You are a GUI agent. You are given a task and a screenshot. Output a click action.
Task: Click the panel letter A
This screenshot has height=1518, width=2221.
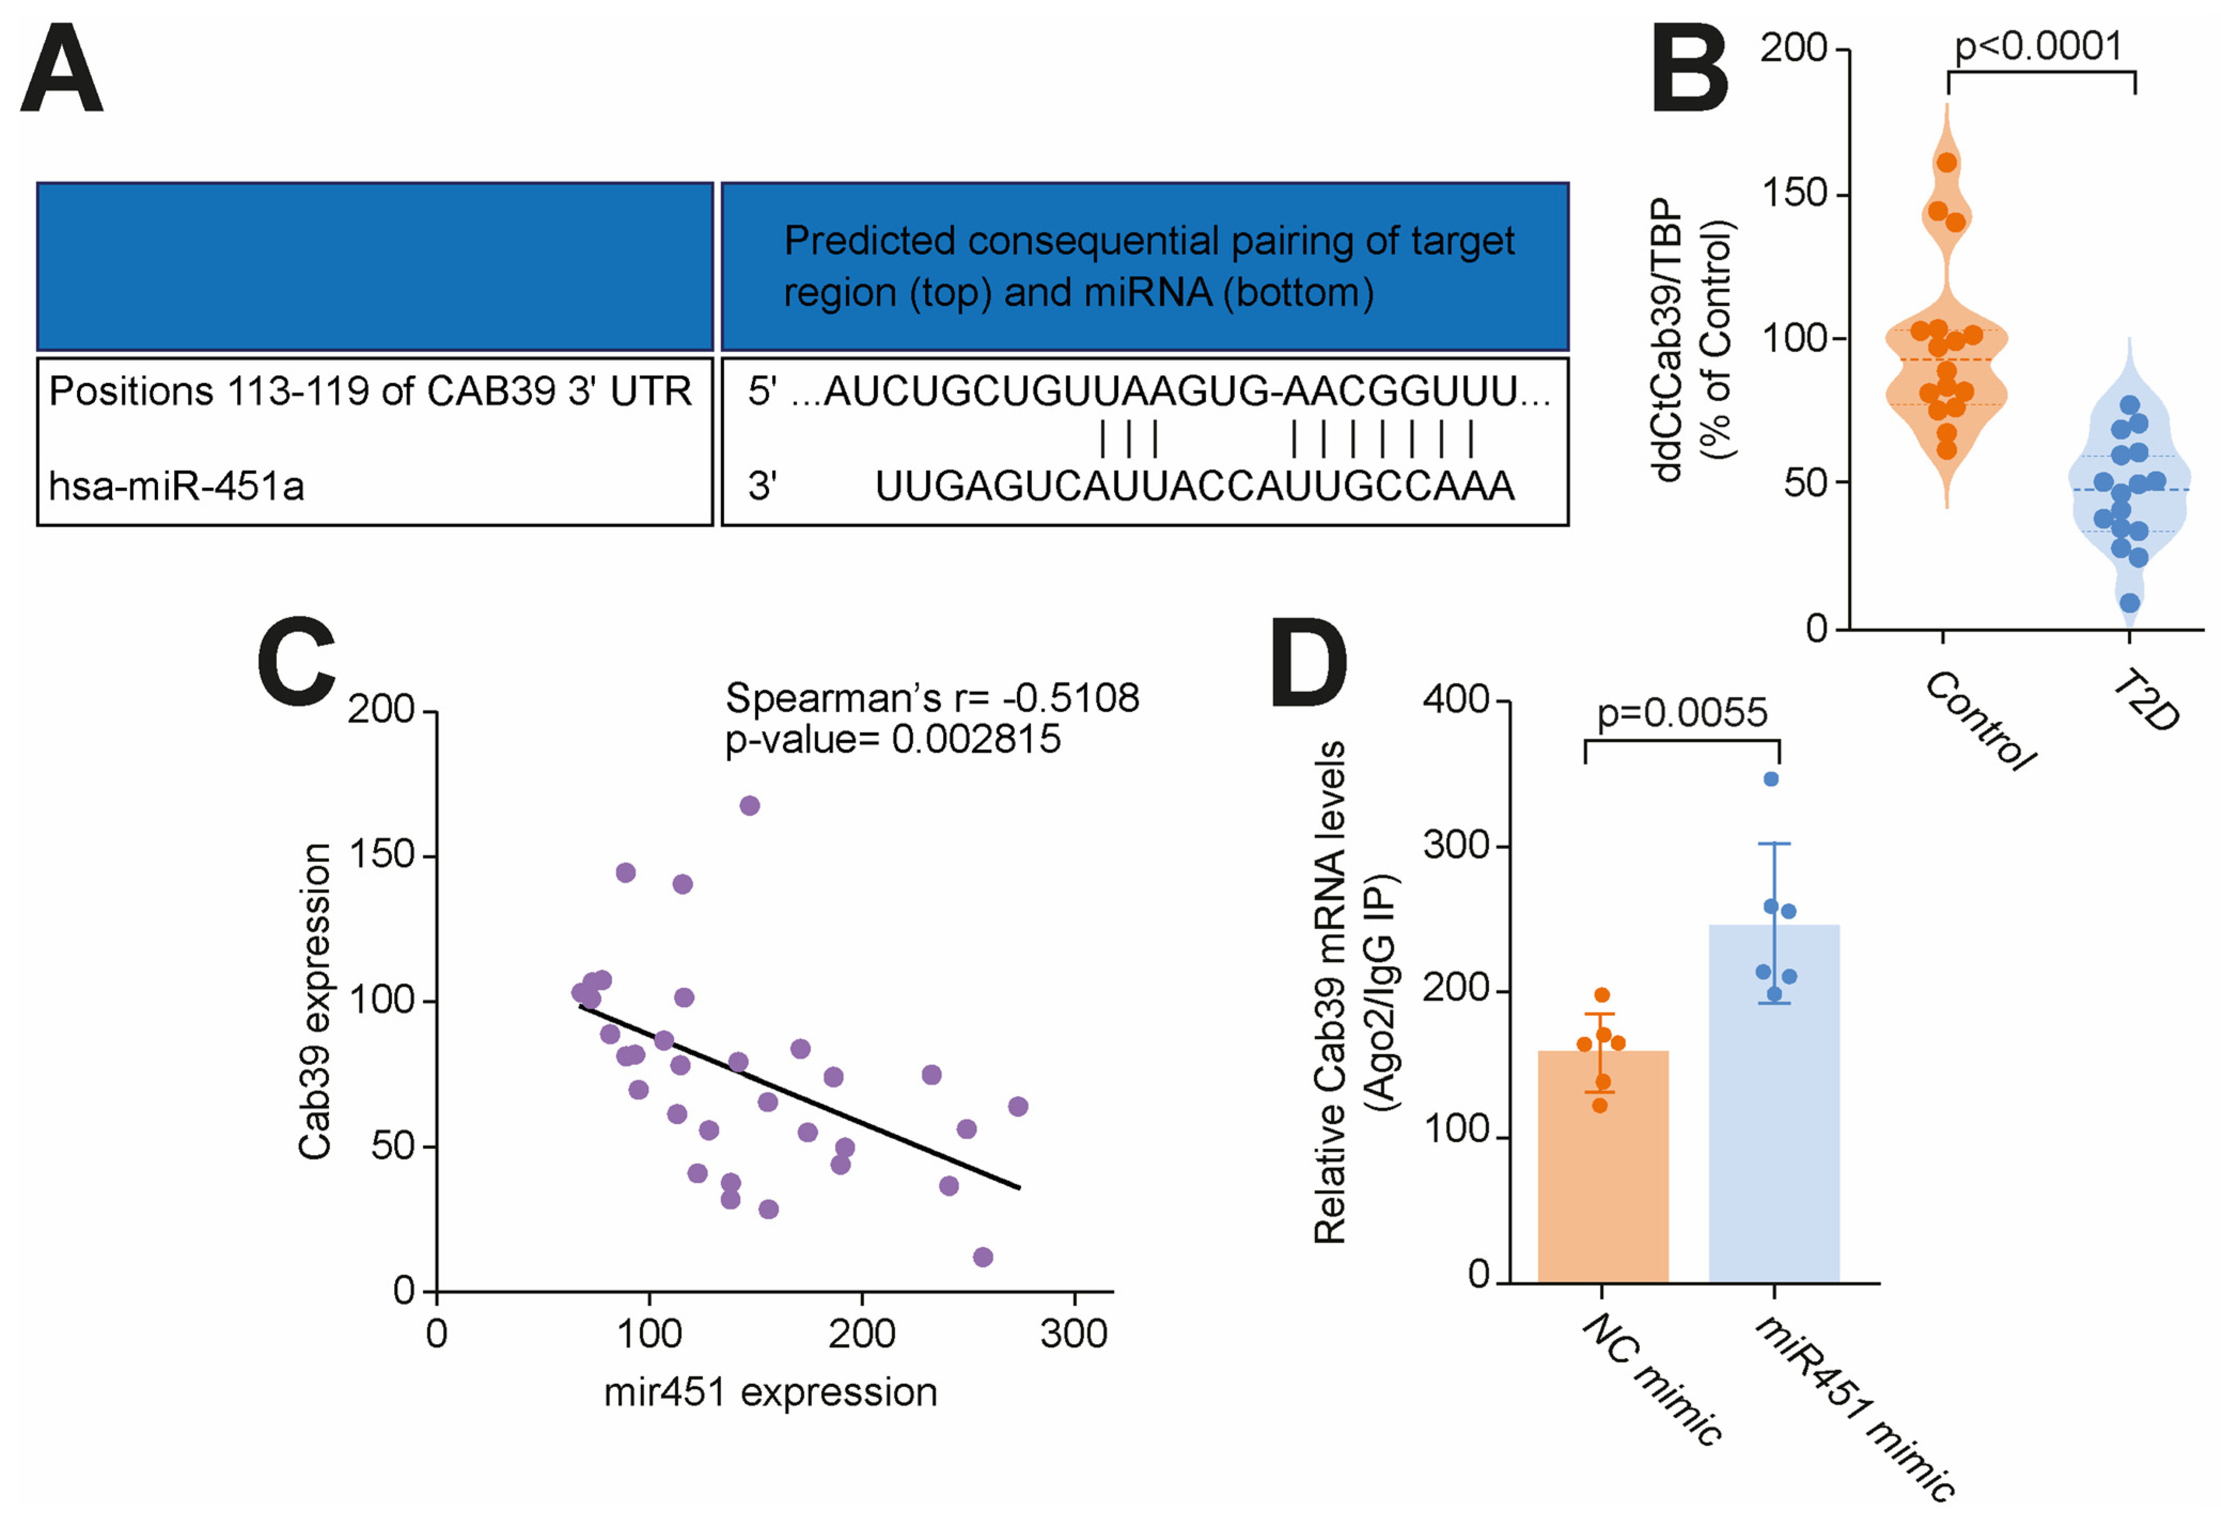pyautogui.click(x=61, y=69)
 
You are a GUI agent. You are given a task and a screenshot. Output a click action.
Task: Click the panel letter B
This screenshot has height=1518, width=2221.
pyautogui.click(x=1690, y=69)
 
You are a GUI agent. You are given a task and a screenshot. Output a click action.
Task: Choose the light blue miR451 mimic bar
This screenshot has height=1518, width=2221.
pyautogui.click(x=1773, y=1109)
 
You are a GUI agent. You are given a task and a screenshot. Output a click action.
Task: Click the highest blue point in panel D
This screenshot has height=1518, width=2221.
pyautogui.click(x=1771, y=779)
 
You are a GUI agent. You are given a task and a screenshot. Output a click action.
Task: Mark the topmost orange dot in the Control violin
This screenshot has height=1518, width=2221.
pyautogui.click(x=1947, y=162)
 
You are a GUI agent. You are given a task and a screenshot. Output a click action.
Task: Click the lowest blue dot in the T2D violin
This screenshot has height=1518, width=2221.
pyautogui.click(x=2129, y=603)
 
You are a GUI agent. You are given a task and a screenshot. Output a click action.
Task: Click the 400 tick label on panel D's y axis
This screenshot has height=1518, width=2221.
pyautogui.click(x=1456, y=700)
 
